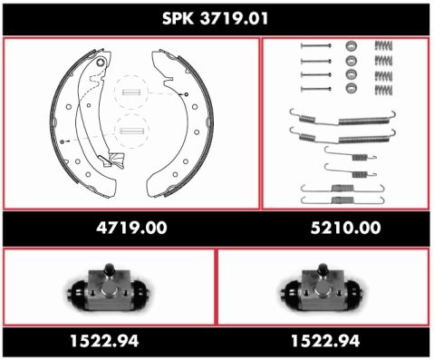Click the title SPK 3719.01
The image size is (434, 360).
click(x=215, y=19)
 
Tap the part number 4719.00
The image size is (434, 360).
click(x=131, y=228)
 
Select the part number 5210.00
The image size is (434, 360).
click(x=345, y=228)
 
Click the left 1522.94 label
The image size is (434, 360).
click(x=104, y=341)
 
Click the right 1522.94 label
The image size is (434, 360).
click(x=325, y=341)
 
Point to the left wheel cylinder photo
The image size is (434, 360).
click(x=109, y=287)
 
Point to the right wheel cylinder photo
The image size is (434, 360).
click(x=322, y=287)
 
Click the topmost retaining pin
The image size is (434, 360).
click(x=316, y=46)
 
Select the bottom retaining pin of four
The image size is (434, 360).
click(x=316, y=89)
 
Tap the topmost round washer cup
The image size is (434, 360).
click(x=351, y=46)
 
